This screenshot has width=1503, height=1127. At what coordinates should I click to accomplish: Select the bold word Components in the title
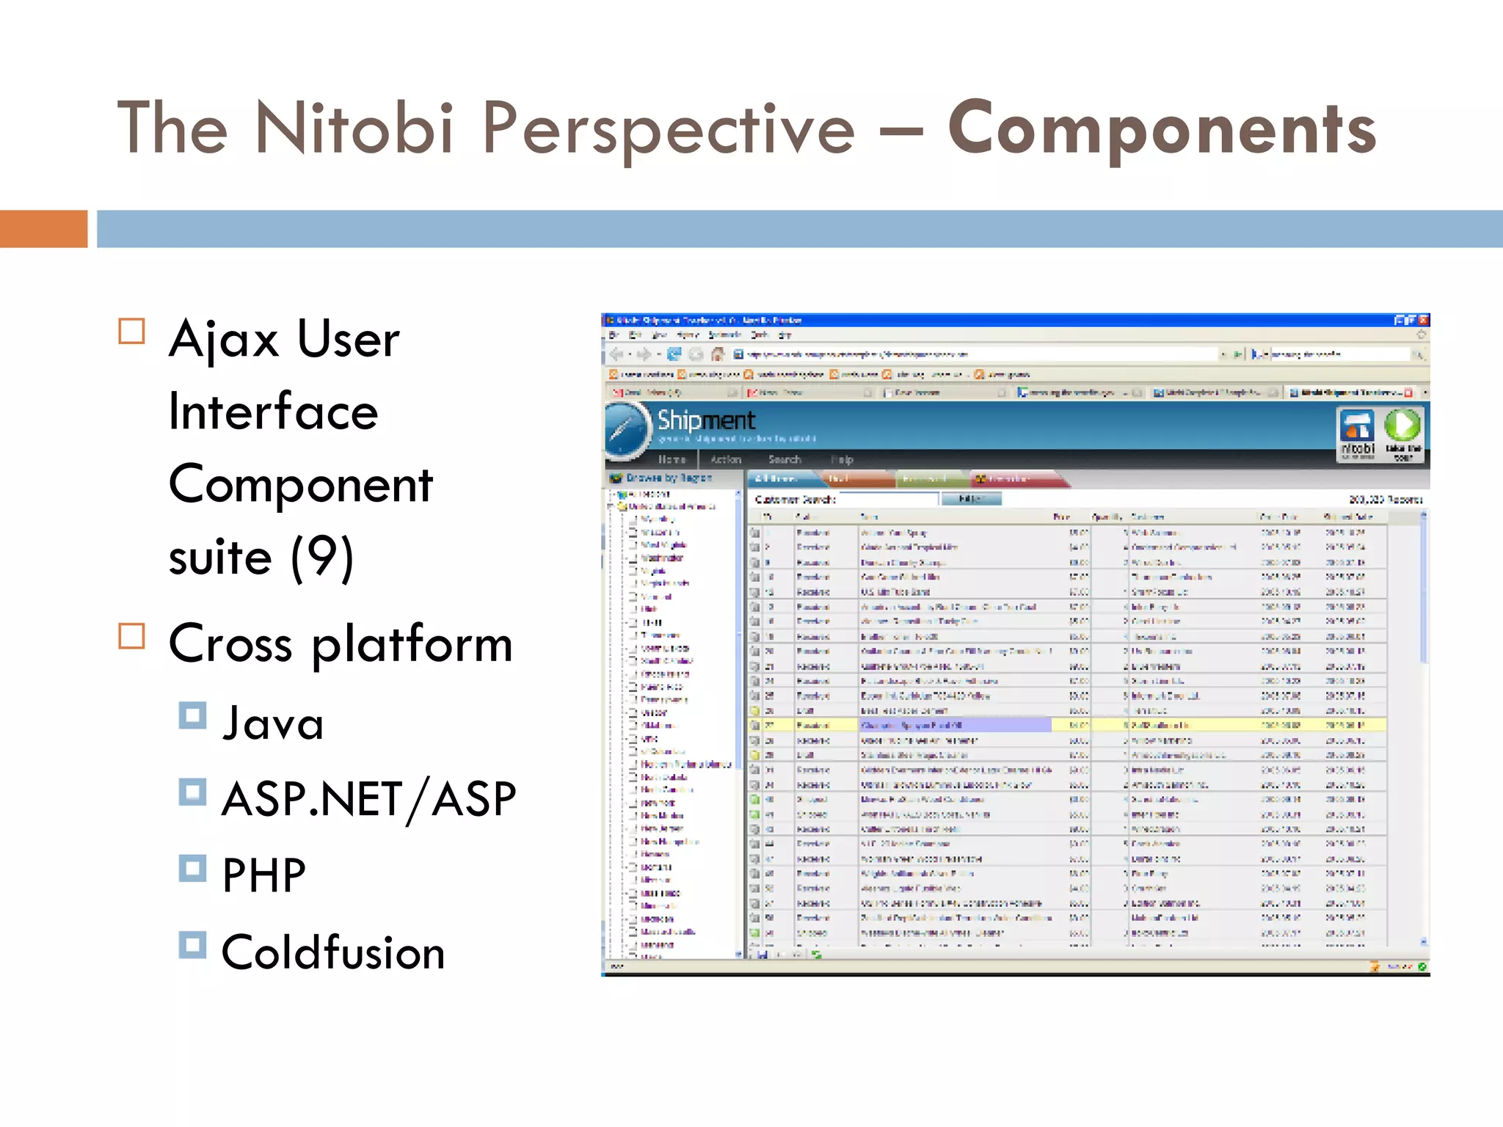[x=1162, y=129]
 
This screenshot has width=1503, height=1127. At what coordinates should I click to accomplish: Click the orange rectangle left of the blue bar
[x=43, y=229]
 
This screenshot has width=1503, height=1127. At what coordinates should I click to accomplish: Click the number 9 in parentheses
[x=323, y=557]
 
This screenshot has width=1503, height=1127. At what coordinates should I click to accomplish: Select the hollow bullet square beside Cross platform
[x=132, y=636]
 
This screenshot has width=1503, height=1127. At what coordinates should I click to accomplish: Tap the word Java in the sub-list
[x=273, y=723]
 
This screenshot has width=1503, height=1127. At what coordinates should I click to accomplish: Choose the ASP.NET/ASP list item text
[x=369, y=800]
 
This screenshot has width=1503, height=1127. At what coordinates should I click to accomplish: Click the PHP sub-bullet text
[x=264, y=875]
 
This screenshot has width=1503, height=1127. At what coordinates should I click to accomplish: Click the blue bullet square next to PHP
[x=192, y=869]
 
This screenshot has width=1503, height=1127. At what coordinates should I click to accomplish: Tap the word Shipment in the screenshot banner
[x=706, y=420]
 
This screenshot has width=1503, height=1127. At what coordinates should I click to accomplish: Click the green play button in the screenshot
[x=1402, y=426]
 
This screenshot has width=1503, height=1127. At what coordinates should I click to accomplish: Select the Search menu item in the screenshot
[x=785, y=460]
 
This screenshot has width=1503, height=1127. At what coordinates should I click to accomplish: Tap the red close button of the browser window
[x=1423, y=321]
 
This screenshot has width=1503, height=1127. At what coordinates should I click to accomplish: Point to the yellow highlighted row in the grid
[x=1064, y=725]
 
